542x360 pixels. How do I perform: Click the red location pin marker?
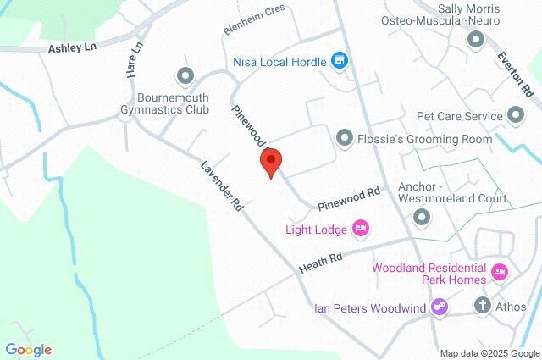(x=271, y=162)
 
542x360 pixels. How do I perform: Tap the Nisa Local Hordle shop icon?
(x=340, y=60)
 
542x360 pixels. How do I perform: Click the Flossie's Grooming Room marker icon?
(x=345, y=137)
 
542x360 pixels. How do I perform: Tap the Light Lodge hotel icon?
(x=361, y=228)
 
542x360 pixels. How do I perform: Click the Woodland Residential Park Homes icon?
(x=500, y=272)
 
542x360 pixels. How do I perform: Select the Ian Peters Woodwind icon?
(x=439, y=306)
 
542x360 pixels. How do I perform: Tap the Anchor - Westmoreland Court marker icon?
(x=421, y=219)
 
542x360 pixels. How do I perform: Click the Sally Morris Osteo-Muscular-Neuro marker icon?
(x=475, y=39)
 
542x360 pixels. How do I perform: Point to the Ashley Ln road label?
(x=73, y=48)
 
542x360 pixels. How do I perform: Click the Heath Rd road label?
(x=321, y=263)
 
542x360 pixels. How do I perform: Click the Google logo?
(x=28, y=349)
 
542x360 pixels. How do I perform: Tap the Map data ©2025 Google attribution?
(x=489, y=353)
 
